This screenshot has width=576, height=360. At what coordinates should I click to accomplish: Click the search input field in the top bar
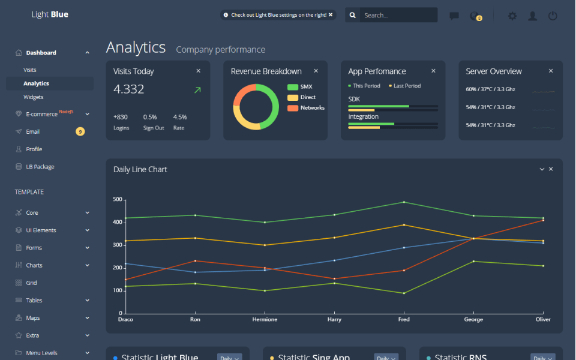click(397, 16)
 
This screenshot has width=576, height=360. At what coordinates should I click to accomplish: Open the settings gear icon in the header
click(512, 16)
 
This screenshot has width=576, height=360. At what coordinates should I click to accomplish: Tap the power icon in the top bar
click(553, 16)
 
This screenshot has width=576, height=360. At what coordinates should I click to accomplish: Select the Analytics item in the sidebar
click(37, 83)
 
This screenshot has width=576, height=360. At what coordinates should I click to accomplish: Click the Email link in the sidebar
click(33, 131)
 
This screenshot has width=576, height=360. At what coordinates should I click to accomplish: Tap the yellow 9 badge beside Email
click(80, 131)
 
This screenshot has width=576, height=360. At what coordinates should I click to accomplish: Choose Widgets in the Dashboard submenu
click(34, 97)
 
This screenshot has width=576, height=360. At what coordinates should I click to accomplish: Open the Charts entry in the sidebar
click(34, 265)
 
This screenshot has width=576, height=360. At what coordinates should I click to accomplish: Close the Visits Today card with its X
click(199, 71)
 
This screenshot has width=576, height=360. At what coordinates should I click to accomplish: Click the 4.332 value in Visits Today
click(129, 89)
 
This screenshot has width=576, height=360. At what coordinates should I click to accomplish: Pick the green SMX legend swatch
click(293, 87)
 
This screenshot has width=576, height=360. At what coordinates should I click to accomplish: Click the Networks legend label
click(313, 108)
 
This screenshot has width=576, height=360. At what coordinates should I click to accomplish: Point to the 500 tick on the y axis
click(117, 199)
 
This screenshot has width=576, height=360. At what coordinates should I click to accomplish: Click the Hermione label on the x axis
click(265, 319)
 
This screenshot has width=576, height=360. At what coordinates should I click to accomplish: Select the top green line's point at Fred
click(404, 202)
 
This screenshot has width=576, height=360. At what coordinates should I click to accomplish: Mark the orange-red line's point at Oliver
click(543, 220)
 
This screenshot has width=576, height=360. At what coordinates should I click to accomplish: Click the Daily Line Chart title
click(140, 170)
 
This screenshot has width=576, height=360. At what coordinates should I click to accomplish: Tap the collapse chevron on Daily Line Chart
click(542, 169)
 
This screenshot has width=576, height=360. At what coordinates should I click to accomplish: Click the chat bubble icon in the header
click(454, 16)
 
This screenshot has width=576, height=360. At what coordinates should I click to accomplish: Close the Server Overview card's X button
click(551, 71)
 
